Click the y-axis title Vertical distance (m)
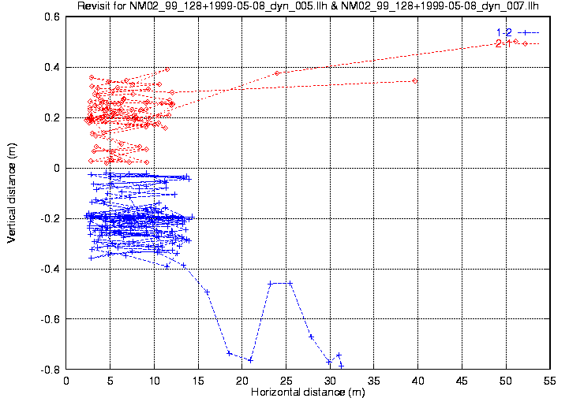12,192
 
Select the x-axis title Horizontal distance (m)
307,392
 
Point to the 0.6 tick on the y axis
52,17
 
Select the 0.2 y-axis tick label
52,117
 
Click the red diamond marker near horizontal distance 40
415,80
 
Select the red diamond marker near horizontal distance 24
277,73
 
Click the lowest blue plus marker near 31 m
342,365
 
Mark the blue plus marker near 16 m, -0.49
207,292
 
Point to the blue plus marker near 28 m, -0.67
311,337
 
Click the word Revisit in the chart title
95,6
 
